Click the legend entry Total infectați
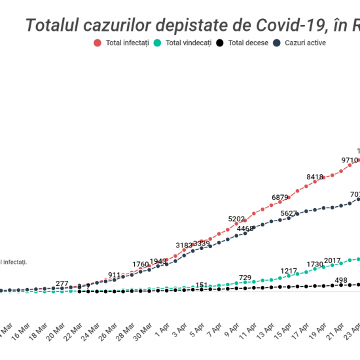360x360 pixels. (x=122, y=43)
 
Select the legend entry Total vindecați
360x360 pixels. (x=183, y=43)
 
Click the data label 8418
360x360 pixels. (x=315, y=177)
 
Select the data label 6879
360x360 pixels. (x=281, y=197)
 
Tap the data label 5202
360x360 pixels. (x=237, y=219)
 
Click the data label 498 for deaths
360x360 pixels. (x=340, y=280)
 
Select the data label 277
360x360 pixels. (x=62, y=283)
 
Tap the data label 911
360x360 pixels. (x=115, y=275)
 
